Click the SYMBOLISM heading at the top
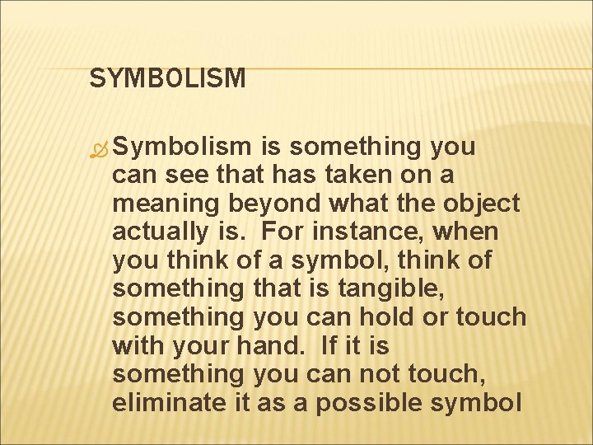click(167, 78)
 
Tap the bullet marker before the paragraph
click(99, 148)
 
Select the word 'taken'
click(338, 175)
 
